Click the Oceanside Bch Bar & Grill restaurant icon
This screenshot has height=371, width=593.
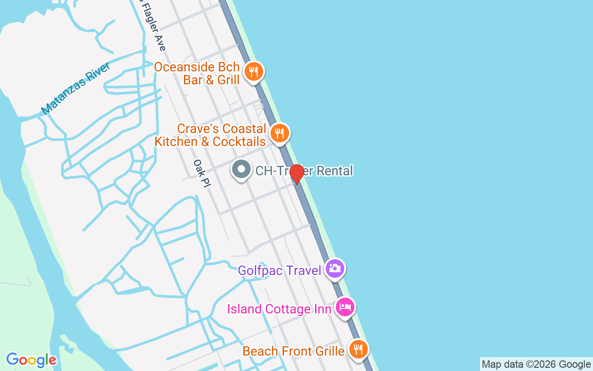click(253, 72)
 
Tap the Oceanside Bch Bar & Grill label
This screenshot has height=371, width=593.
click(197, 73)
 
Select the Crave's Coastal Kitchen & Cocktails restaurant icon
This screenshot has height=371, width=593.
click(279, 134)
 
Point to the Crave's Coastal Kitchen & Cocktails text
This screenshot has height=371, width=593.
click(210, 135)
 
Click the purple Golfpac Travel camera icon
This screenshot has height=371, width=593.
click(334, 269)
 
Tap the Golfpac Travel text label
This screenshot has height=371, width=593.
click(279, 270)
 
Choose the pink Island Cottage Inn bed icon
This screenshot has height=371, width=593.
click(345, 307)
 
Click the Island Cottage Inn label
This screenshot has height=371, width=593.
click(279, 309)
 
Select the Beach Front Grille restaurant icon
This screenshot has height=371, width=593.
click(358, 349)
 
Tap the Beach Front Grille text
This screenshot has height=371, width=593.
click(293, 351)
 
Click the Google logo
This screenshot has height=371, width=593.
click(31, 360)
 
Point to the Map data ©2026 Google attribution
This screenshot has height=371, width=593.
click(536, 365)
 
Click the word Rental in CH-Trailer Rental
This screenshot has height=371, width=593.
click(334, 171)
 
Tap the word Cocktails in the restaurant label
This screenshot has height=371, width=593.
click(239, 141)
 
